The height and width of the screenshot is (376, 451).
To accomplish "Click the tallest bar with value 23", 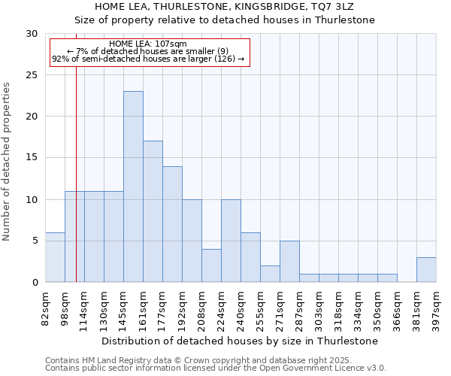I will (x=133, y=186).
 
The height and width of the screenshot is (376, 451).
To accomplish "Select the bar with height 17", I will (x=153, y=211).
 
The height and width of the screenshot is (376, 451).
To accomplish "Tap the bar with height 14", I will (x=172, y=224).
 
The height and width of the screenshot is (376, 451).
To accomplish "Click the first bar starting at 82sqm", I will (x=55, y=257).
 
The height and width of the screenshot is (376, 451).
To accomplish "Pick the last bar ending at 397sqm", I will (x=426, y=269).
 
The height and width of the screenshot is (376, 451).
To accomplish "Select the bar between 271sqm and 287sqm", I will (x=289, y=261).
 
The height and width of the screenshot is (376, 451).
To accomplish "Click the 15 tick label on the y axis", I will (x=32, y=158).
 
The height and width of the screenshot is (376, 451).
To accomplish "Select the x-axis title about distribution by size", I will (x=241, y=341).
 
